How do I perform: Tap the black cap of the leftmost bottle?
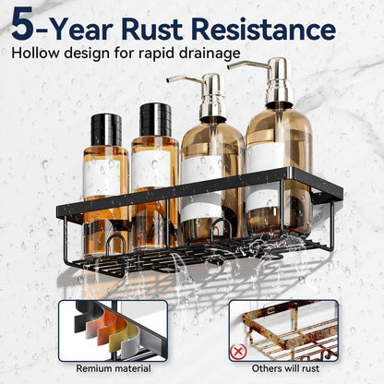[x=106, y=129]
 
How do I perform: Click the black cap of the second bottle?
[x=156, y=119]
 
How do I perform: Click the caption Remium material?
[x=112, y=369]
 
